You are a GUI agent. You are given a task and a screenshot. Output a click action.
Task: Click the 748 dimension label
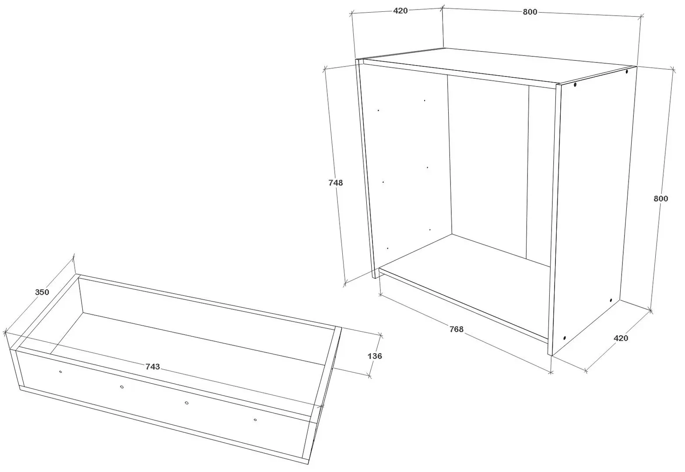(x=335, y=183)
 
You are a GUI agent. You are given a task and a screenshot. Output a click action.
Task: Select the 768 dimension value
(x=456, y=329)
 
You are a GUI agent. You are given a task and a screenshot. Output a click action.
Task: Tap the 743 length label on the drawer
(x=153, y=366)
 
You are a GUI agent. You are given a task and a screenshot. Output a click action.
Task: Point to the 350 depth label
(x=42, y=292)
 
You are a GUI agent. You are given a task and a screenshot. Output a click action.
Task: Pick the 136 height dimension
(x=375, y=356)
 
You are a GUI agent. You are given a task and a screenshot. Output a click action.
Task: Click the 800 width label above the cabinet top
(x=530, y=12)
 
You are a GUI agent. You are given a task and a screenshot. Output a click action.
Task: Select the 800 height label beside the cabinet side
(x=661, y=198)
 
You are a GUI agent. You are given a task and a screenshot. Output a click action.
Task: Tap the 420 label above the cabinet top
(x=400, y=10)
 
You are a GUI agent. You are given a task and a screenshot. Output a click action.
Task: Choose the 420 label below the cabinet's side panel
(x=621, y=338)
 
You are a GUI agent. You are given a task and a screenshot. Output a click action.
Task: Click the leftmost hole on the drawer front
(x=60, y=371)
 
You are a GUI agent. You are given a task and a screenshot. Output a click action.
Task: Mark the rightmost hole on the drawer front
(x=255, y=420)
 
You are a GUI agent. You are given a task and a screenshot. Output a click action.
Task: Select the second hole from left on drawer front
(x=122, y=387)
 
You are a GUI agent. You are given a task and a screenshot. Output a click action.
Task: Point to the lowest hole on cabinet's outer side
(x=565, y=338)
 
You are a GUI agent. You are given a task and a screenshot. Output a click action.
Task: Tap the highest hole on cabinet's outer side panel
(x=627, y=71)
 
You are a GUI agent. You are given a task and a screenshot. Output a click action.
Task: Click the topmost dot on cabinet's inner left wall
(x=425, y=101)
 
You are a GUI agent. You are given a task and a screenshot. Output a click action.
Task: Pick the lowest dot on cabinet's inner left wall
(x=387, y=248)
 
